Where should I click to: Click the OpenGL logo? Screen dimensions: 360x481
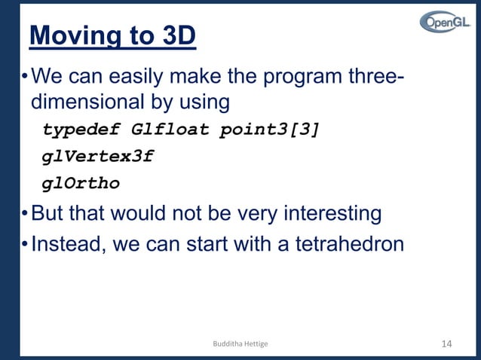(x=444, y=23)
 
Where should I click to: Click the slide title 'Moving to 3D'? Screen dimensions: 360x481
(x=112, y=36)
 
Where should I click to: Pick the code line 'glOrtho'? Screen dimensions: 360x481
(x=81, y=183)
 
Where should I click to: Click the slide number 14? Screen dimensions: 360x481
(x=446, y=343)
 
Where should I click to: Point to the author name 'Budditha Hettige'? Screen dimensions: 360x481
(x=240, y=344)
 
